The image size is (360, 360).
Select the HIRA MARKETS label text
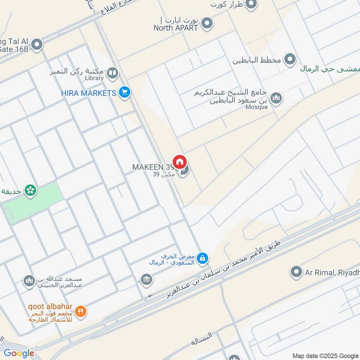89,93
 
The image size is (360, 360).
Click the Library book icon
112,72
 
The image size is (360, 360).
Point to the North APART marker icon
207,23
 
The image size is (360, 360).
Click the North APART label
176,27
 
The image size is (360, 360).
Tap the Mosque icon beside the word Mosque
276,98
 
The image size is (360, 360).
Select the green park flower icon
31,191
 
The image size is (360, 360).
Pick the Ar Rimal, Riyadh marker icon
296,271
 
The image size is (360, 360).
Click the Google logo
19,353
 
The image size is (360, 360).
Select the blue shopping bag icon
202,257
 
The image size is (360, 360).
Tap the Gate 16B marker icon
37,44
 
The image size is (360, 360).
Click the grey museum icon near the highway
146,280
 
